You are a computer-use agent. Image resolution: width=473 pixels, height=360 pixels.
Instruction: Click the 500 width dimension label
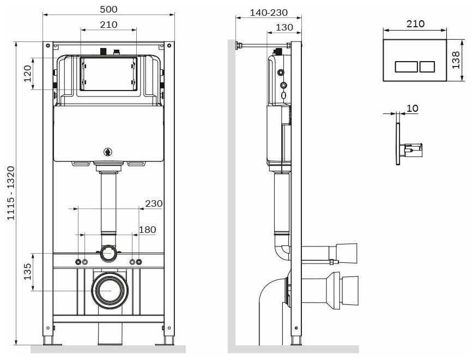point(108,9)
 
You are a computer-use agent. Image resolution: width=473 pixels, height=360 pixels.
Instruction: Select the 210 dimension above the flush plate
point(416,23)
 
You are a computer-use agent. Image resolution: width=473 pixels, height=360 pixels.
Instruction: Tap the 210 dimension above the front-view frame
point(108,25)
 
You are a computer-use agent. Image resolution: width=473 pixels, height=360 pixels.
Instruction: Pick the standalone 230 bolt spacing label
point(154,203)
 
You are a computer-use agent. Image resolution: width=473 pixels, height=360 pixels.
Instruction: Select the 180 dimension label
point(147,230)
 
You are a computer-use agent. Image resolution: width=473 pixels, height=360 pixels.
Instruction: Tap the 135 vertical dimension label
point(27,271)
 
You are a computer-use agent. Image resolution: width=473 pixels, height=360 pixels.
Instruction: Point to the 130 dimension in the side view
point(284,27)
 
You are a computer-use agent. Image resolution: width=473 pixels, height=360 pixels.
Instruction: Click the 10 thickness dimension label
point(413,109)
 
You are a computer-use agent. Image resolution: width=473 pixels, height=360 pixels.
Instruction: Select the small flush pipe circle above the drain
point(108,253)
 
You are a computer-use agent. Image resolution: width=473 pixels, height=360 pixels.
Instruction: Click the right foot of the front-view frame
point(167,340)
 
